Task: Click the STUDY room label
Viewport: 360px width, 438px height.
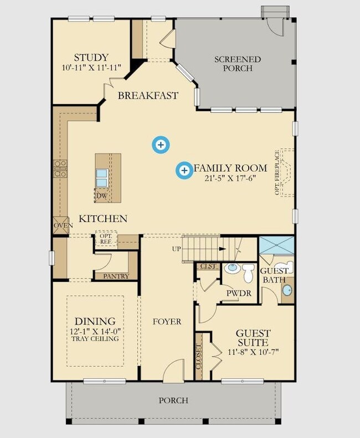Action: coord(91,58)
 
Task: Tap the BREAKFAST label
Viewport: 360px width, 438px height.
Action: coord(148,96)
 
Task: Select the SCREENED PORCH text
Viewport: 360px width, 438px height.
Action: coord(238,64)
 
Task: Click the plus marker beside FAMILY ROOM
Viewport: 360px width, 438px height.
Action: coord(184,170)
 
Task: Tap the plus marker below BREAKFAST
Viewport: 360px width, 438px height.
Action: coord(161,145)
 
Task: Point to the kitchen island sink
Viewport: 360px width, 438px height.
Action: coord(101,178)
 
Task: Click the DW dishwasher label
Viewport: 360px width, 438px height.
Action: coord(102,196)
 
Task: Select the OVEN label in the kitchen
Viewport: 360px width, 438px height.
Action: coord(63,225)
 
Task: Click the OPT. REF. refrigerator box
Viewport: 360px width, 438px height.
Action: coord(106,239)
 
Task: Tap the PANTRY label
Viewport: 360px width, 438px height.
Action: coord(116,276)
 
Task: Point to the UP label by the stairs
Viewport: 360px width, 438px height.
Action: coord(176,249)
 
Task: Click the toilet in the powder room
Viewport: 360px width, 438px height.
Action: coord(248,272)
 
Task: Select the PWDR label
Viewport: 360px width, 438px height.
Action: coord(239,293)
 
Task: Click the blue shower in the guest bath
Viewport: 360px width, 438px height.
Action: coord(277,245)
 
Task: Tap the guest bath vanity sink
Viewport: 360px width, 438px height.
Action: coord(287,291)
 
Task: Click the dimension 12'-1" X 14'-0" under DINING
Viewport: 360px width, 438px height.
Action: coord(95,332)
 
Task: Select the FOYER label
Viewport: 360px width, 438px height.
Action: coord(167,322)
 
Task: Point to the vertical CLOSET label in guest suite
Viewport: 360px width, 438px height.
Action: coord(199,357)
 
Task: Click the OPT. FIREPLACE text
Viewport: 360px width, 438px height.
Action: coord(277,172)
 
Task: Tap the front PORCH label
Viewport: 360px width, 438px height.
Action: coord(173,400)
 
